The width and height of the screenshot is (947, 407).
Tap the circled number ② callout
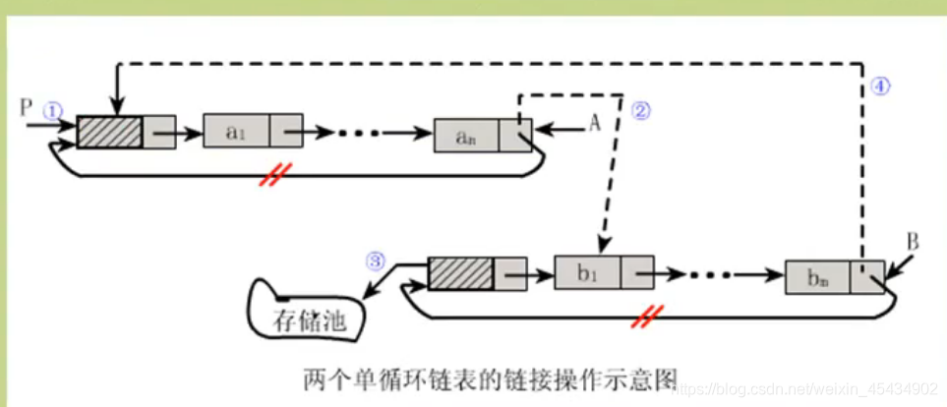641,111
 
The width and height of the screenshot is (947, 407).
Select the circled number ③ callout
374,262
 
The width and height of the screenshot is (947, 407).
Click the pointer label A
594,121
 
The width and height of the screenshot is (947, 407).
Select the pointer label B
912,241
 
